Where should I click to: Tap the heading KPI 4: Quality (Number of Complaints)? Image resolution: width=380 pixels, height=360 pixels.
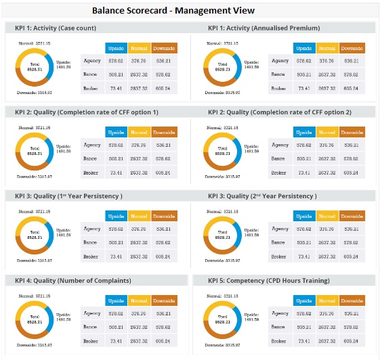68,279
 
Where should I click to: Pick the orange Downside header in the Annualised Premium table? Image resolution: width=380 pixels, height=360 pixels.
352,48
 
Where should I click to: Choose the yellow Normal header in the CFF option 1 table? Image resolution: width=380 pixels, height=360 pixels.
139,131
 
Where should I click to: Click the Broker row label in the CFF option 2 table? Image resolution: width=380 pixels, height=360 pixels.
278,172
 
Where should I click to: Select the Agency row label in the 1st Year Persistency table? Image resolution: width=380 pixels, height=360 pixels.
91,229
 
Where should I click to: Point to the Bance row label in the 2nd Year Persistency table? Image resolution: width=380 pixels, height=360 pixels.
278,242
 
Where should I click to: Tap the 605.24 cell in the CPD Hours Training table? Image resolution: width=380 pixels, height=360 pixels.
351,340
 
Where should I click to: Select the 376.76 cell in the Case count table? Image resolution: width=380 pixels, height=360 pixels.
139,60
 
